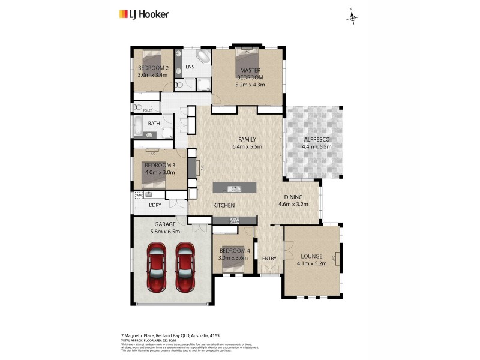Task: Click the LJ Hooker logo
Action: click(144, 14)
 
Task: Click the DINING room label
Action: click(293, 197)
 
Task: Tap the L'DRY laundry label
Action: click(156, 206)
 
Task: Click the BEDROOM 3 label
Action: click(159, 165)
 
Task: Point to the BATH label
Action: click(154, 124)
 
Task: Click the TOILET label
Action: click(147, 111)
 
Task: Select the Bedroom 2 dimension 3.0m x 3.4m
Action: click(153, 75)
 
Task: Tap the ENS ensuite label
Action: click(190, 67)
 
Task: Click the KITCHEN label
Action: click(224, 206)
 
